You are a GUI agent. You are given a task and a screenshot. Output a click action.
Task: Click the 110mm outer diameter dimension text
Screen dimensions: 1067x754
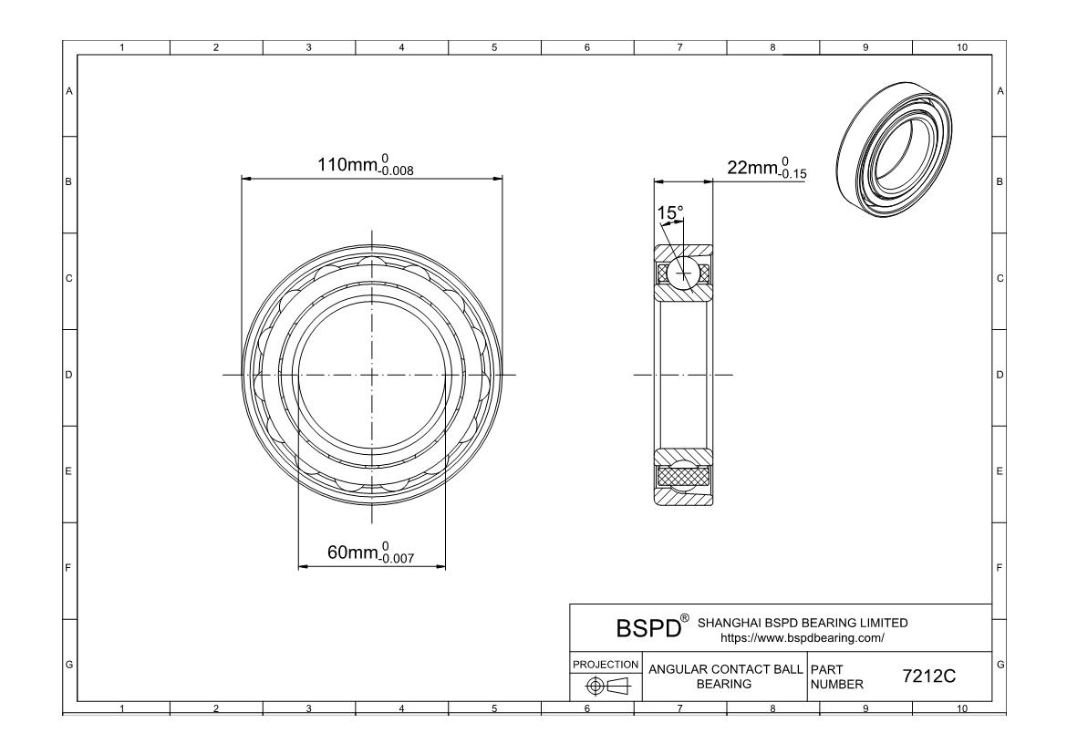click(366, 165)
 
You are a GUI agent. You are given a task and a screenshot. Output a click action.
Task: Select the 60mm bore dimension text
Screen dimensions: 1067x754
click(370, 553)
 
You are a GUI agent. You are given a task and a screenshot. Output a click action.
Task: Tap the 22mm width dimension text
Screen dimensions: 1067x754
click(767, 168)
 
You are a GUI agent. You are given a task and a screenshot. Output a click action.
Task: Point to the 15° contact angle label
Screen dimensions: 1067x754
click(669, 213)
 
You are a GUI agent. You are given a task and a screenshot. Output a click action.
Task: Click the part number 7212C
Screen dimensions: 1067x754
click(929, 677)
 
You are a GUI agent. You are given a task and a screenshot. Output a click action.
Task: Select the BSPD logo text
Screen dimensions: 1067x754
click(648, 628)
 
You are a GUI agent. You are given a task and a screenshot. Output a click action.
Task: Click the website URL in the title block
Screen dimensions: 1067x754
click(803, 638)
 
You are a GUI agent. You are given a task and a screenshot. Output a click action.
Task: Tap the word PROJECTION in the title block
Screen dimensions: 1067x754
click(606, 664)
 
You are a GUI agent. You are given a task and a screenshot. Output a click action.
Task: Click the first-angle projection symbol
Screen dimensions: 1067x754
click(608, 687)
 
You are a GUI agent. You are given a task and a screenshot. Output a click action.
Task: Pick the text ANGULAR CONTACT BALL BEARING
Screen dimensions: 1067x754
click(725, 677)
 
